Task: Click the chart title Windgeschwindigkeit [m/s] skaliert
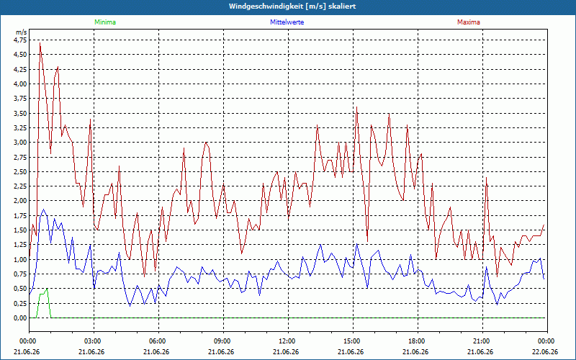292,6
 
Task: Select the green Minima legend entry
105,22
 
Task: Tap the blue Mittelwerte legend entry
287,22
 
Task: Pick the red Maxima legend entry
469,22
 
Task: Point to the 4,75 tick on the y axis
21,40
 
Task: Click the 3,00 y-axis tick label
21,143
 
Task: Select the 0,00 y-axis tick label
21,318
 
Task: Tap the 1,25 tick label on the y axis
21,245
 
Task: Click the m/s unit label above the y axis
22,32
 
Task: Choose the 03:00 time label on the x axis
94,341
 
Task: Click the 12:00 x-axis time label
288,341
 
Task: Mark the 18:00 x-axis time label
418,341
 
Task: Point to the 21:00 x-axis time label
482,341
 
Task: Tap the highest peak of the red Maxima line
40,43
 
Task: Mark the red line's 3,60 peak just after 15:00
356,107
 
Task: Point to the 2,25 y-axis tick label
21,186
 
